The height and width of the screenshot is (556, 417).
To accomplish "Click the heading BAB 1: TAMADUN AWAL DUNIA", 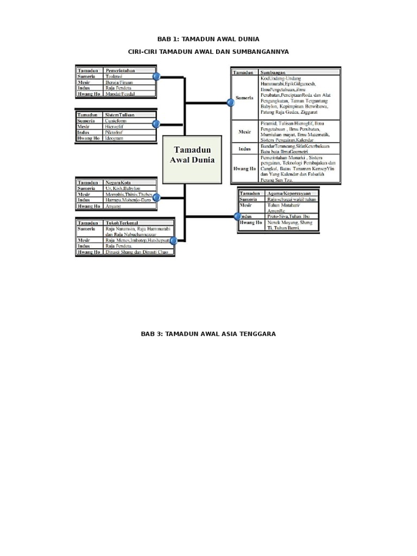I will click(x=208, y=39).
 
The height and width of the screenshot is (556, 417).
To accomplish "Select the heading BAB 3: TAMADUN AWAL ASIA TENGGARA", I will click(x=208, y=334).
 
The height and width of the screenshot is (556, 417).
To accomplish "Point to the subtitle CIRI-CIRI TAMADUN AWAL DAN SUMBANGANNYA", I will click(x=208, y=52).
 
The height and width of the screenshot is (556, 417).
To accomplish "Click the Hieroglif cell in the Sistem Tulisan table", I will click(x=116, y=127).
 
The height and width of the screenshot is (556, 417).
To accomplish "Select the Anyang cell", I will click(x=113, y=206).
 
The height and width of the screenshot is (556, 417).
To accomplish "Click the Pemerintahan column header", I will click(x=120, y=71).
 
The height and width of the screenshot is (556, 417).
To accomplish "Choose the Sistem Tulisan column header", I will click(x=121, y=115).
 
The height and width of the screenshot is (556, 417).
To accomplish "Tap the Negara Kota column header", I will click(x=118, y=182).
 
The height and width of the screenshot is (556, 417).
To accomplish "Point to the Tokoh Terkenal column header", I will click(x=122, y=223).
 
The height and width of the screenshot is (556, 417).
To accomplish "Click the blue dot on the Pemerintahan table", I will click(x=156, y=77).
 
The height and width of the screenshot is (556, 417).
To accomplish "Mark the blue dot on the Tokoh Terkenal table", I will click(x=174, y=241).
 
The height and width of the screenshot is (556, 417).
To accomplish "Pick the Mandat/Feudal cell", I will click(x=120, y=94).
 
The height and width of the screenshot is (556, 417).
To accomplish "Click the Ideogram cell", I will click(x=115, y=138).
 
